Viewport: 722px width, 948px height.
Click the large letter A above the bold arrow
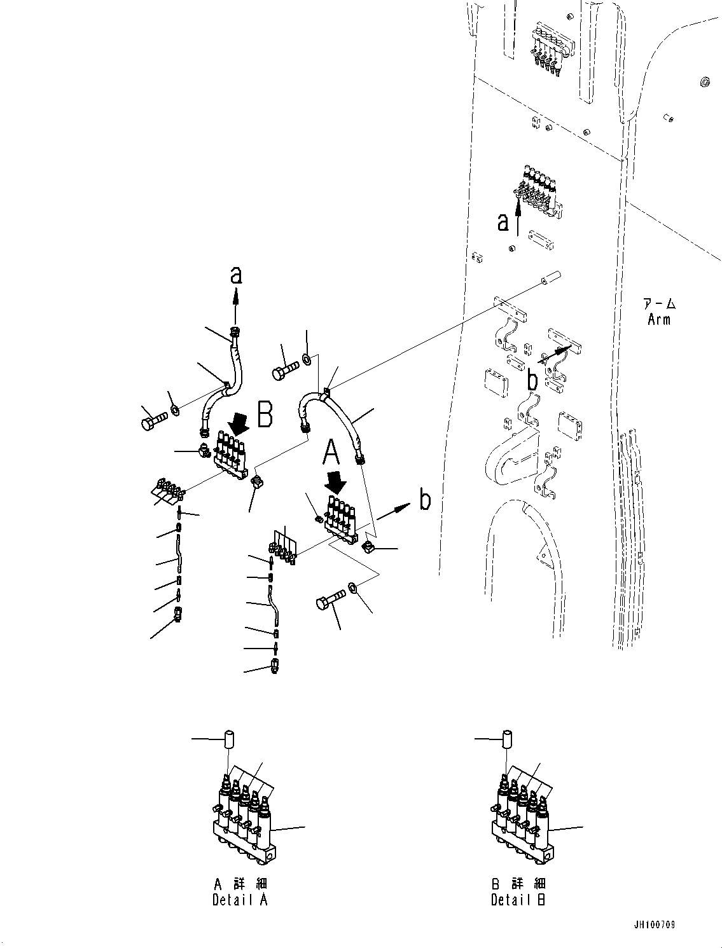click(x=333, y=454)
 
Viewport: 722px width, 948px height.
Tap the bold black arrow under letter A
click(x=335, y=484)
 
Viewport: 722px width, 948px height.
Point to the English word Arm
click(x=658, y=320)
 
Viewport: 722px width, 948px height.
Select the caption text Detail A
click(x=240, y=900)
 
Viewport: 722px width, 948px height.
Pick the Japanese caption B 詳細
click(x=518, y=884)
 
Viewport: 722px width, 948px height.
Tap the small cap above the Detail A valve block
click(x=228, y=741)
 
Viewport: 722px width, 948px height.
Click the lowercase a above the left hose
click(x=236, y=275)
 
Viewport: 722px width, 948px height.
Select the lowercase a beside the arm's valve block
click(x=503, y=222)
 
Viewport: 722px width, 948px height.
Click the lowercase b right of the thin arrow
click(x=425, y=500)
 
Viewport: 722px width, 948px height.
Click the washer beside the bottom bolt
click(x=355, y=588)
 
